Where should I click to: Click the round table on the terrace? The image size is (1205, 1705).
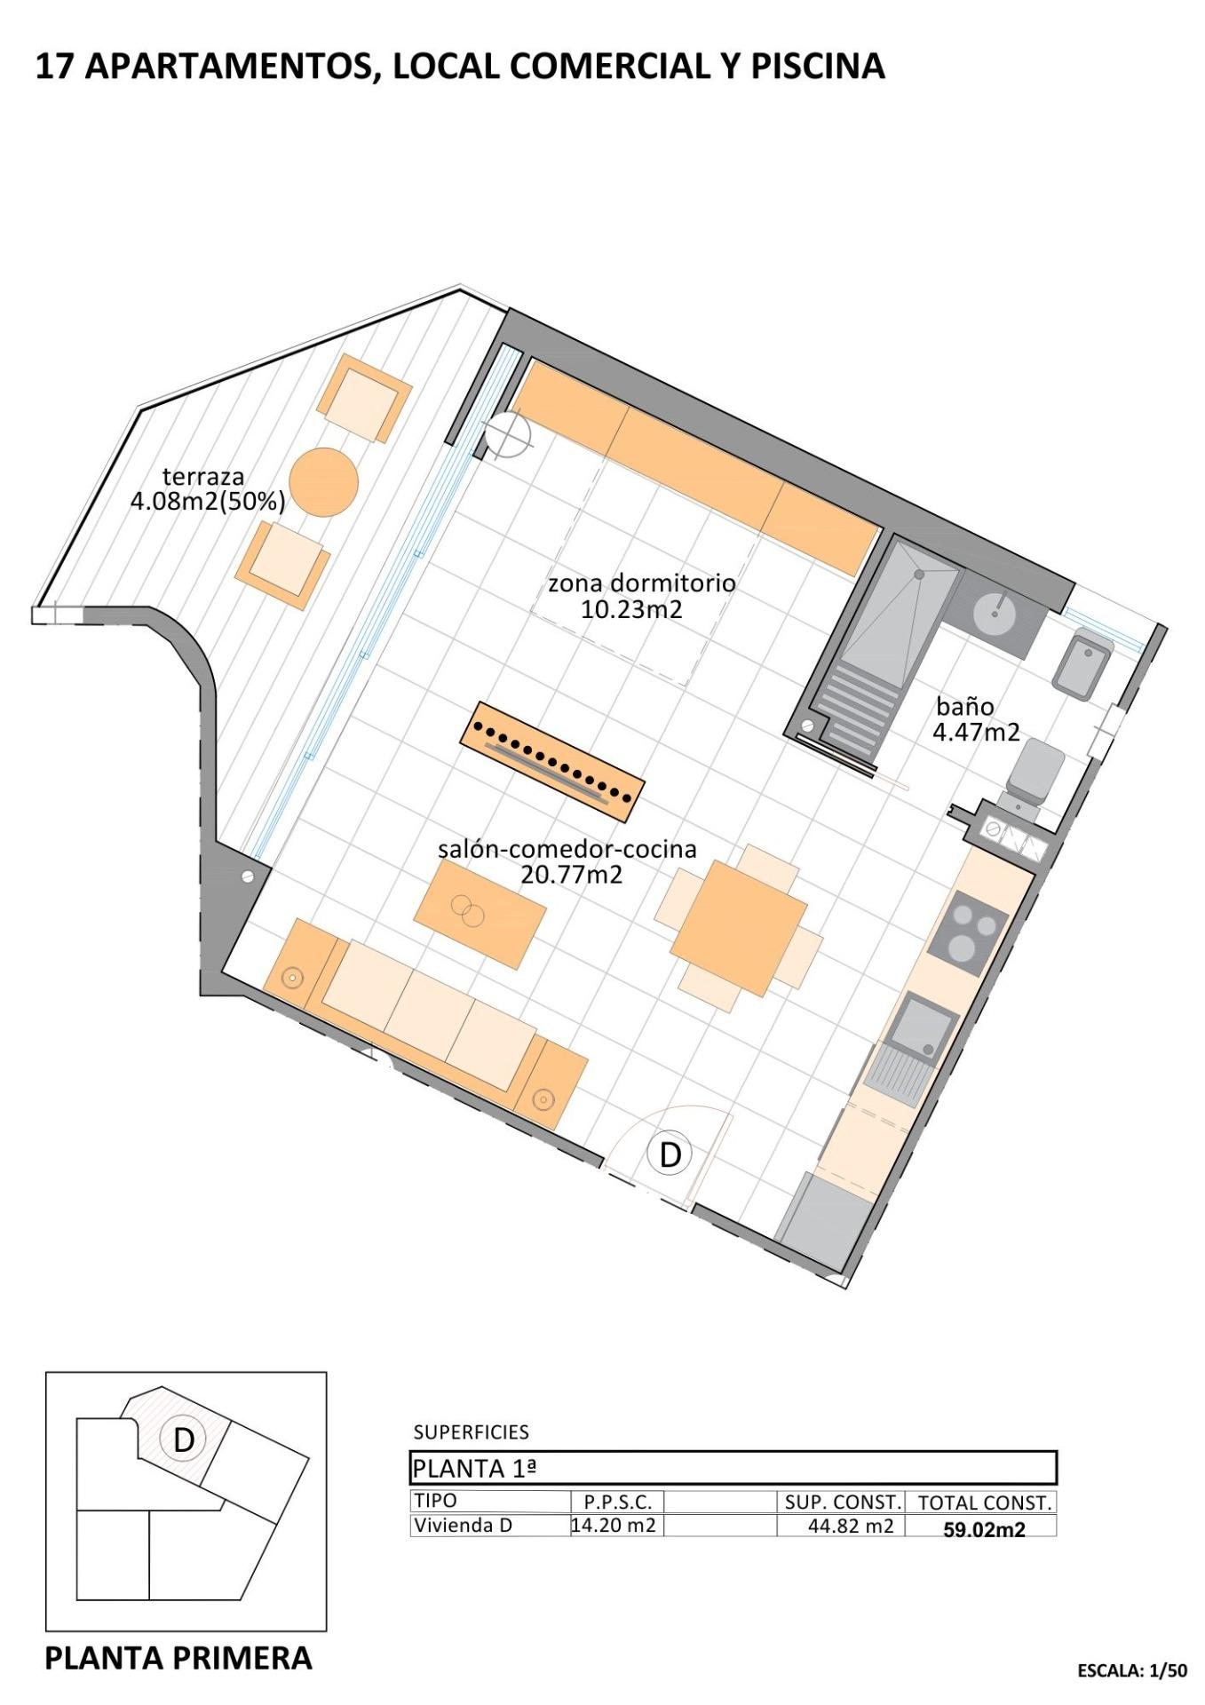[x=324, y=481]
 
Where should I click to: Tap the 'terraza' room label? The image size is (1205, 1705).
[x=202, y=477]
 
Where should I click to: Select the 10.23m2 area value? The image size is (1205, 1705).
[x=631, y=609]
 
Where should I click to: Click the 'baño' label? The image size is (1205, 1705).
[x=964, y=707]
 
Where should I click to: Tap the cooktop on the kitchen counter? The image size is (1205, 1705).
[x=969, y=938]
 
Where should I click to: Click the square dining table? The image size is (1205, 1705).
[x=739, y=927]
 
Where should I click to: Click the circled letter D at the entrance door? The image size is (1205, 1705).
[x=670, y=1154]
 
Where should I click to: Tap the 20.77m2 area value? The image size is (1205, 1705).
[x=571, y=875]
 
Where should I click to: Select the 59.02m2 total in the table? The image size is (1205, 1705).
[x=984, y=1530]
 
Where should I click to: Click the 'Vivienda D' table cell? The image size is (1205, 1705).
[x=463, y=1526]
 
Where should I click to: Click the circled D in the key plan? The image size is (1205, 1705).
[x=183, y=1440]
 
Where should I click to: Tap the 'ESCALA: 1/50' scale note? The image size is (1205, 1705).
[x=1131, y=1670]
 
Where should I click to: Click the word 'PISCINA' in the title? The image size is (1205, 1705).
[x=818, y=67]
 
